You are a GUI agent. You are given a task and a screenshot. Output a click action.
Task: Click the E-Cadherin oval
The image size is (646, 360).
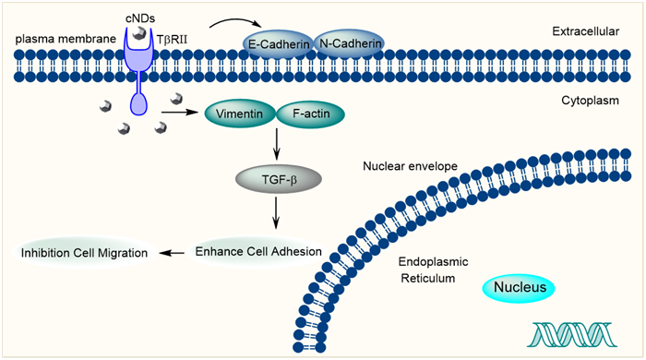[x=278, y=43]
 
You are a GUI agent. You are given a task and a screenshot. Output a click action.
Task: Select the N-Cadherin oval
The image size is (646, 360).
[x=350, y=42]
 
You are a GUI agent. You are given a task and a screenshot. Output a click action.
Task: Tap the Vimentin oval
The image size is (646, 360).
[x=240, y=114]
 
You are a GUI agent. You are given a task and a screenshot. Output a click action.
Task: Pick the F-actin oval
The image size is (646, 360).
[x=311, y=114]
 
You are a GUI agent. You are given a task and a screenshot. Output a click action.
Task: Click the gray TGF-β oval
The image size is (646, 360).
[x=279, y=180]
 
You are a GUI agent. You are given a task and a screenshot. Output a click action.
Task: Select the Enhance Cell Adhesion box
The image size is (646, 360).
[x=258, y=252]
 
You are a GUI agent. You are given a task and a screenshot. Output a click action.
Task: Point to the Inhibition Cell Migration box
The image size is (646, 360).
[x=85, y=253]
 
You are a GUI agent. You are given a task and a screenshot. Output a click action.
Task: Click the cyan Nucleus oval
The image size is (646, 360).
[x=519, y=287]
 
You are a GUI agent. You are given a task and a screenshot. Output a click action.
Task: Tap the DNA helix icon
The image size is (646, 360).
[x=572, y=334]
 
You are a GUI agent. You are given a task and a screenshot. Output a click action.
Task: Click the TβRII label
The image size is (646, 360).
[x=172, y=40]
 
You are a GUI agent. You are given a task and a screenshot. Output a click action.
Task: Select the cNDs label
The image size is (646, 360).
[x=140, y=18]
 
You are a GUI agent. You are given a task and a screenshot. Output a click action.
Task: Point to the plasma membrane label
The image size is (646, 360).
[x=66, y=39]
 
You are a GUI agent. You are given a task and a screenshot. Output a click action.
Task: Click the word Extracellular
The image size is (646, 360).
[x=585, y=31]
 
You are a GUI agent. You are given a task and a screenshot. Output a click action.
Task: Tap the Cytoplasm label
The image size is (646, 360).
[x=590, y=101]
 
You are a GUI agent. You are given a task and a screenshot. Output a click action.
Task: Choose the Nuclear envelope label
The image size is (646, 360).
[x=410, y=166]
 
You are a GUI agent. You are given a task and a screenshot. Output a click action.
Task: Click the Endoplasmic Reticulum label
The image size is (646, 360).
[x=433, y=270]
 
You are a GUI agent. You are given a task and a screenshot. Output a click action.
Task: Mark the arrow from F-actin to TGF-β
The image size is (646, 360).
[x=277, y=144]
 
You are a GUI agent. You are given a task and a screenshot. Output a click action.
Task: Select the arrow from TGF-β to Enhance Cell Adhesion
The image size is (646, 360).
[x=276, y=212]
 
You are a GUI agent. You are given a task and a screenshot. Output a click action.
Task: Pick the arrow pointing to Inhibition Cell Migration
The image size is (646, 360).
[x=172, y=253]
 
